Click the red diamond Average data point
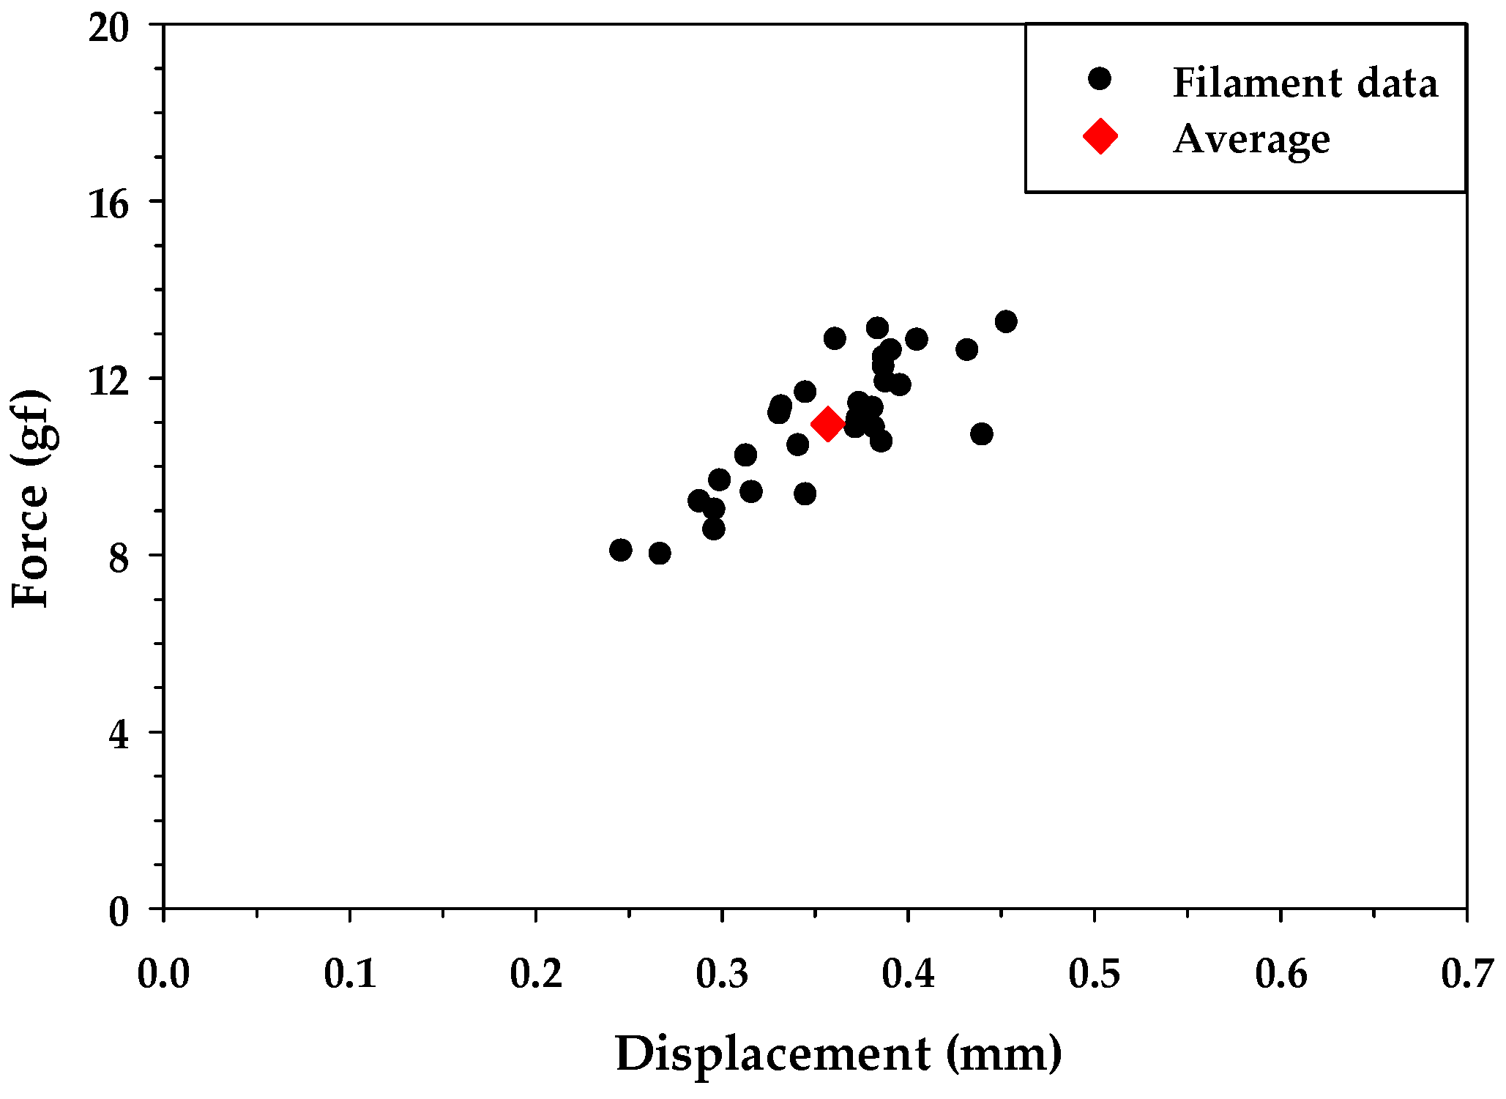(828, 424)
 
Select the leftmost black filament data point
(621, 550)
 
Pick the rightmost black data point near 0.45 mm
(1006, 321)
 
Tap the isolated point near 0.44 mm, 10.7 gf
(982, 434)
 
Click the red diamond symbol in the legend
(1100, 136)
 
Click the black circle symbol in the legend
(1100, 79)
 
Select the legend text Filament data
(1305, 82)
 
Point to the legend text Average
(1251, 139)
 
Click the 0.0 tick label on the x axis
(164, 975)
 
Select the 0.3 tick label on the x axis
(722, 975)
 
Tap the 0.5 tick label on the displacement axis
(1095, 975)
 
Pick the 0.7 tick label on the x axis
(1466, 975)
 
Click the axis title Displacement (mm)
(838, 1054)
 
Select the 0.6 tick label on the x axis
(1281, 975)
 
